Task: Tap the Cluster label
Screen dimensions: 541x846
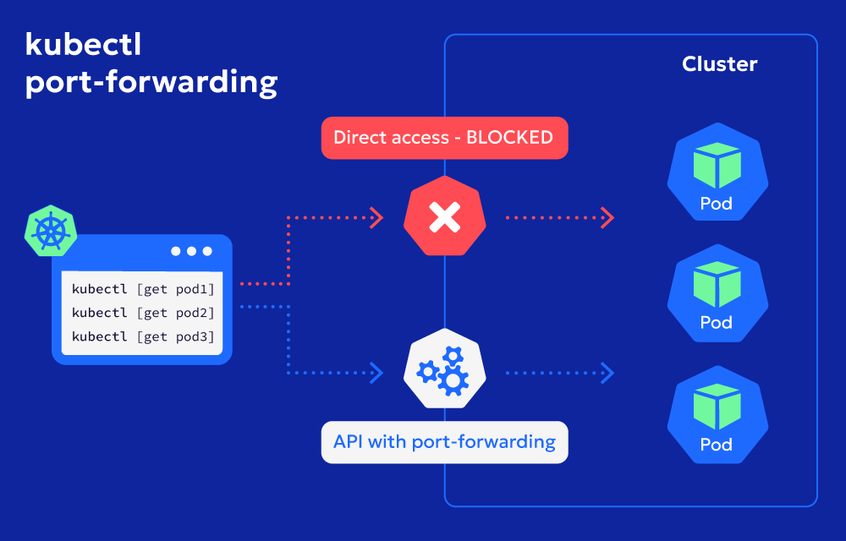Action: pyautogui.click(x=719, y=64)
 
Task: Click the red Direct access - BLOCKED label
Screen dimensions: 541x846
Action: pyautogui.click(x=444, y=138)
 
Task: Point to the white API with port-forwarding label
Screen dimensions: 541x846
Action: pyautogui.click(x=444, y=442)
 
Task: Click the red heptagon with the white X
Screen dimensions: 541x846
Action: pyautogui.click(x=444, y=218)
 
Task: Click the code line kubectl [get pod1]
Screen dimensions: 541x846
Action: pyautogui.click(x=143, y=289)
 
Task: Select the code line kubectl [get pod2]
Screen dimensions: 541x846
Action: pyautogui.click(x=143, y=313)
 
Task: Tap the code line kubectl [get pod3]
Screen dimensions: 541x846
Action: pyautogui.click(x=143, y=336)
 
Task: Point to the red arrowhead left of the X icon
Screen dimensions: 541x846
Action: pyautogui.click(x=376, y=218)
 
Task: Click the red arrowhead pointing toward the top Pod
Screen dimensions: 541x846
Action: pyautogui.click(x=606, y=218)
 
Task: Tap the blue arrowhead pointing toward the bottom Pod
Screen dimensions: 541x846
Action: pyautogui.click(x=606, y=371)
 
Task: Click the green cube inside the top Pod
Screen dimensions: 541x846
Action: pyautogui.click(x=717, y=166)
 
